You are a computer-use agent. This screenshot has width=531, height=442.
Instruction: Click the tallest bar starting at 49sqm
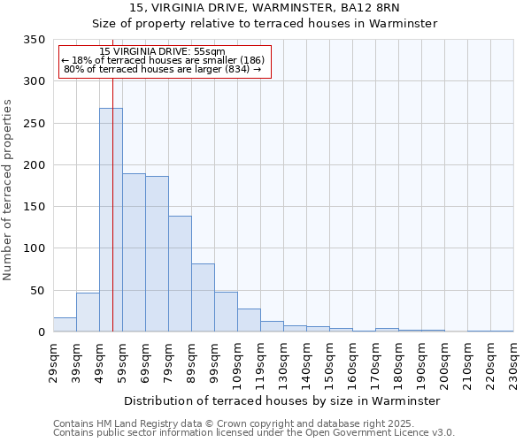coord(111,220)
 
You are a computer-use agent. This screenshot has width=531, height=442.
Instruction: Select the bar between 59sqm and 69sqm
coord(134,253)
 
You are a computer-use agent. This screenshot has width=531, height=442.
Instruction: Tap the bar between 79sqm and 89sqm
coord(180,274)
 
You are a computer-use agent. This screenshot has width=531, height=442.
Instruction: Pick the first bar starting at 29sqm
coord(65,324)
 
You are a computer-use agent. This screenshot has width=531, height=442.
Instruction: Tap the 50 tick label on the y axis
coord(37,291)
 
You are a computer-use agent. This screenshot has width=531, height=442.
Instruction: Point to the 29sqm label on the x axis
coord(53,362)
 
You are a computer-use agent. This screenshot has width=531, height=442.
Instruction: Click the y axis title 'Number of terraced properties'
coord(9,189)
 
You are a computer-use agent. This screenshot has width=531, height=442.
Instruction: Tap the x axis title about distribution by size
coord(282,400)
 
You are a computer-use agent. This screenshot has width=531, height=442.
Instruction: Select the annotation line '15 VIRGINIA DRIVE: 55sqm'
coord(163,52)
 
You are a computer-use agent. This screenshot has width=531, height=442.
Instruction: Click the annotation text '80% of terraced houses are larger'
coord(163,69)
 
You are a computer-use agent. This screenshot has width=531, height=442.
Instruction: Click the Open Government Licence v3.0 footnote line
coord(254,433)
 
